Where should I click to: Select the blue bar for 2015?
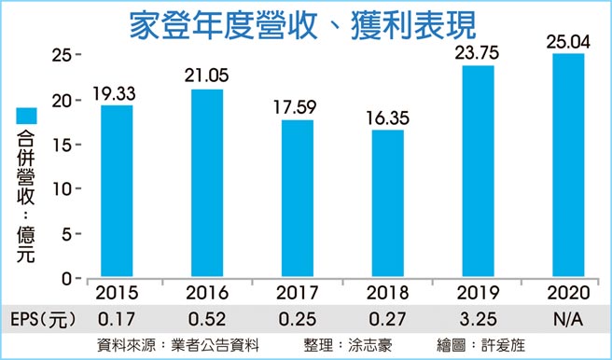(x=117, y=191)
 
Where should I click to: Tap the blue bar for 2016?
(x=207, y=183)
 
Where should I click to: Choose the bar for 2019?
(x=478, y=172)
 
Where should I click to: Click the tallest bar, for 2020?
(x=567, y=165)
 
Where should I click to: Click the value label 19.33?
(x=116, y=93)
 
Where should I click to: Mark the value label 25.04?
(x=567, y=40)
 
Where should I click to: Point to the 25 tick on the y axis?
(x=60, y=56)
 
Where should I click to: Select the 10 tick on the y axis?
(x=60, y=189)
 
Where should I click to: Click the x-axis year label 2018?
(x=387, y=292)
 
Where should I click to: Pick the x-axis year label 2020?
(x=567, y=292)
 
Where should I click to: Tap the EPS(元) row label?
(x=38, y=318)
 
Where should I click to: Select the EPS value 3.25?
(x=478, y=318)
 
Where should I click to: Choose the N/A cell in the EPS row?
(x=567, y=318)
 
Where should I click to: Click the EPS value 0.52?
(x=207, y=318)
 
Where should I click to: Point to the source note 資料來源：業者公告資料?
(x=174, y=345)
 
